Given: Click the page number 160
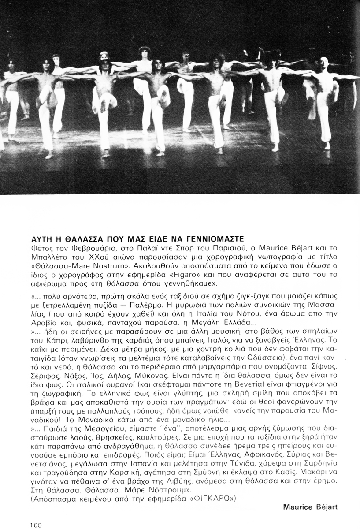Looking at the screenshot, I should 36,525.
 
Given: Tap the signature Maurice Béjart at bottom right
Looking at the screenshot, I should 310,507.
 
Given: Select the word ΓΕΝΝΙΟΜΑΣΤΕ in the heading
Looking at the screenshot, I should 210,238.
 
